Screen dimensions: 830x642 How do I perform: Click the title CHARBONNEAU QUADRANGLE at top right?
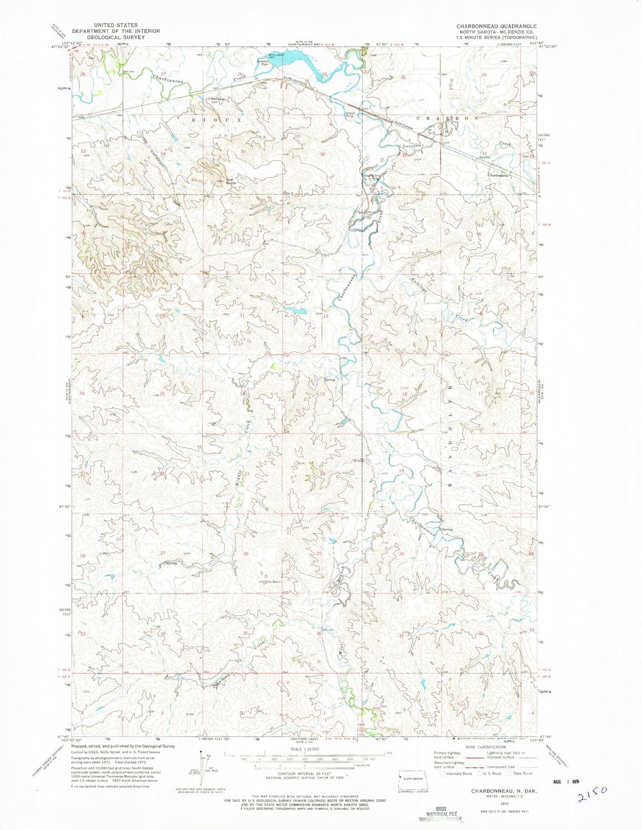[x=496, y=26]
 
